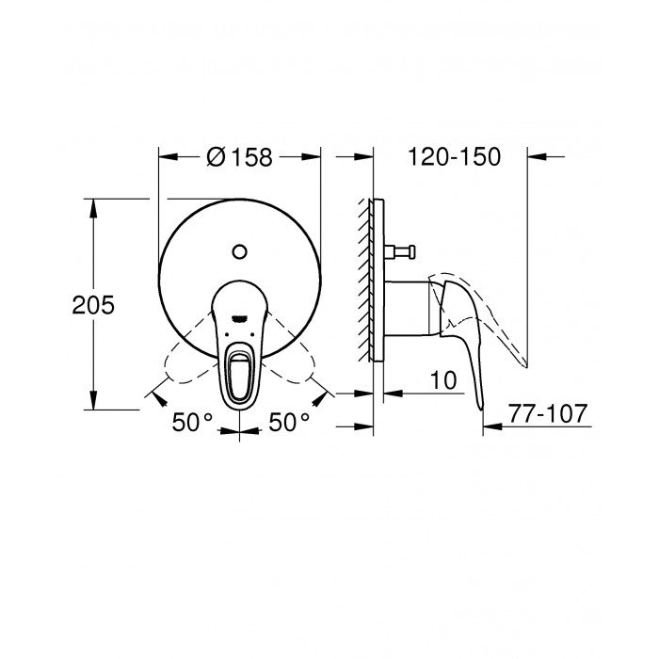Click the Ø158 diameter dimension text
[x=239, y=157]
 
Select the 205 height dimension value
[x=92, y=304]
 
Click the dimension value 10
[x=445, y=380]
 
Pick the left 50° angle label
[x=192, y=423]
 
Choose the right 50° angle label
[x=289, y=423]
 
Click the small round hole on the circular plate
[x=239, y=250]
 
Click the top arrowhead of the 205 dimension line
[x=92, y=206]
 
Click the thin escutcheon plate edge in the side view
[x=378, y=282]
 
